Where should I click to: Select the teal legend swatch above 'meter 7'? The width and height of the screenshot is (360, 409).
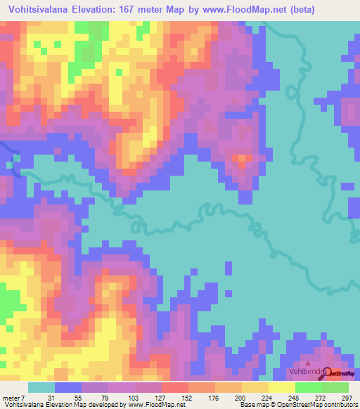(x=41, y=387)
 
